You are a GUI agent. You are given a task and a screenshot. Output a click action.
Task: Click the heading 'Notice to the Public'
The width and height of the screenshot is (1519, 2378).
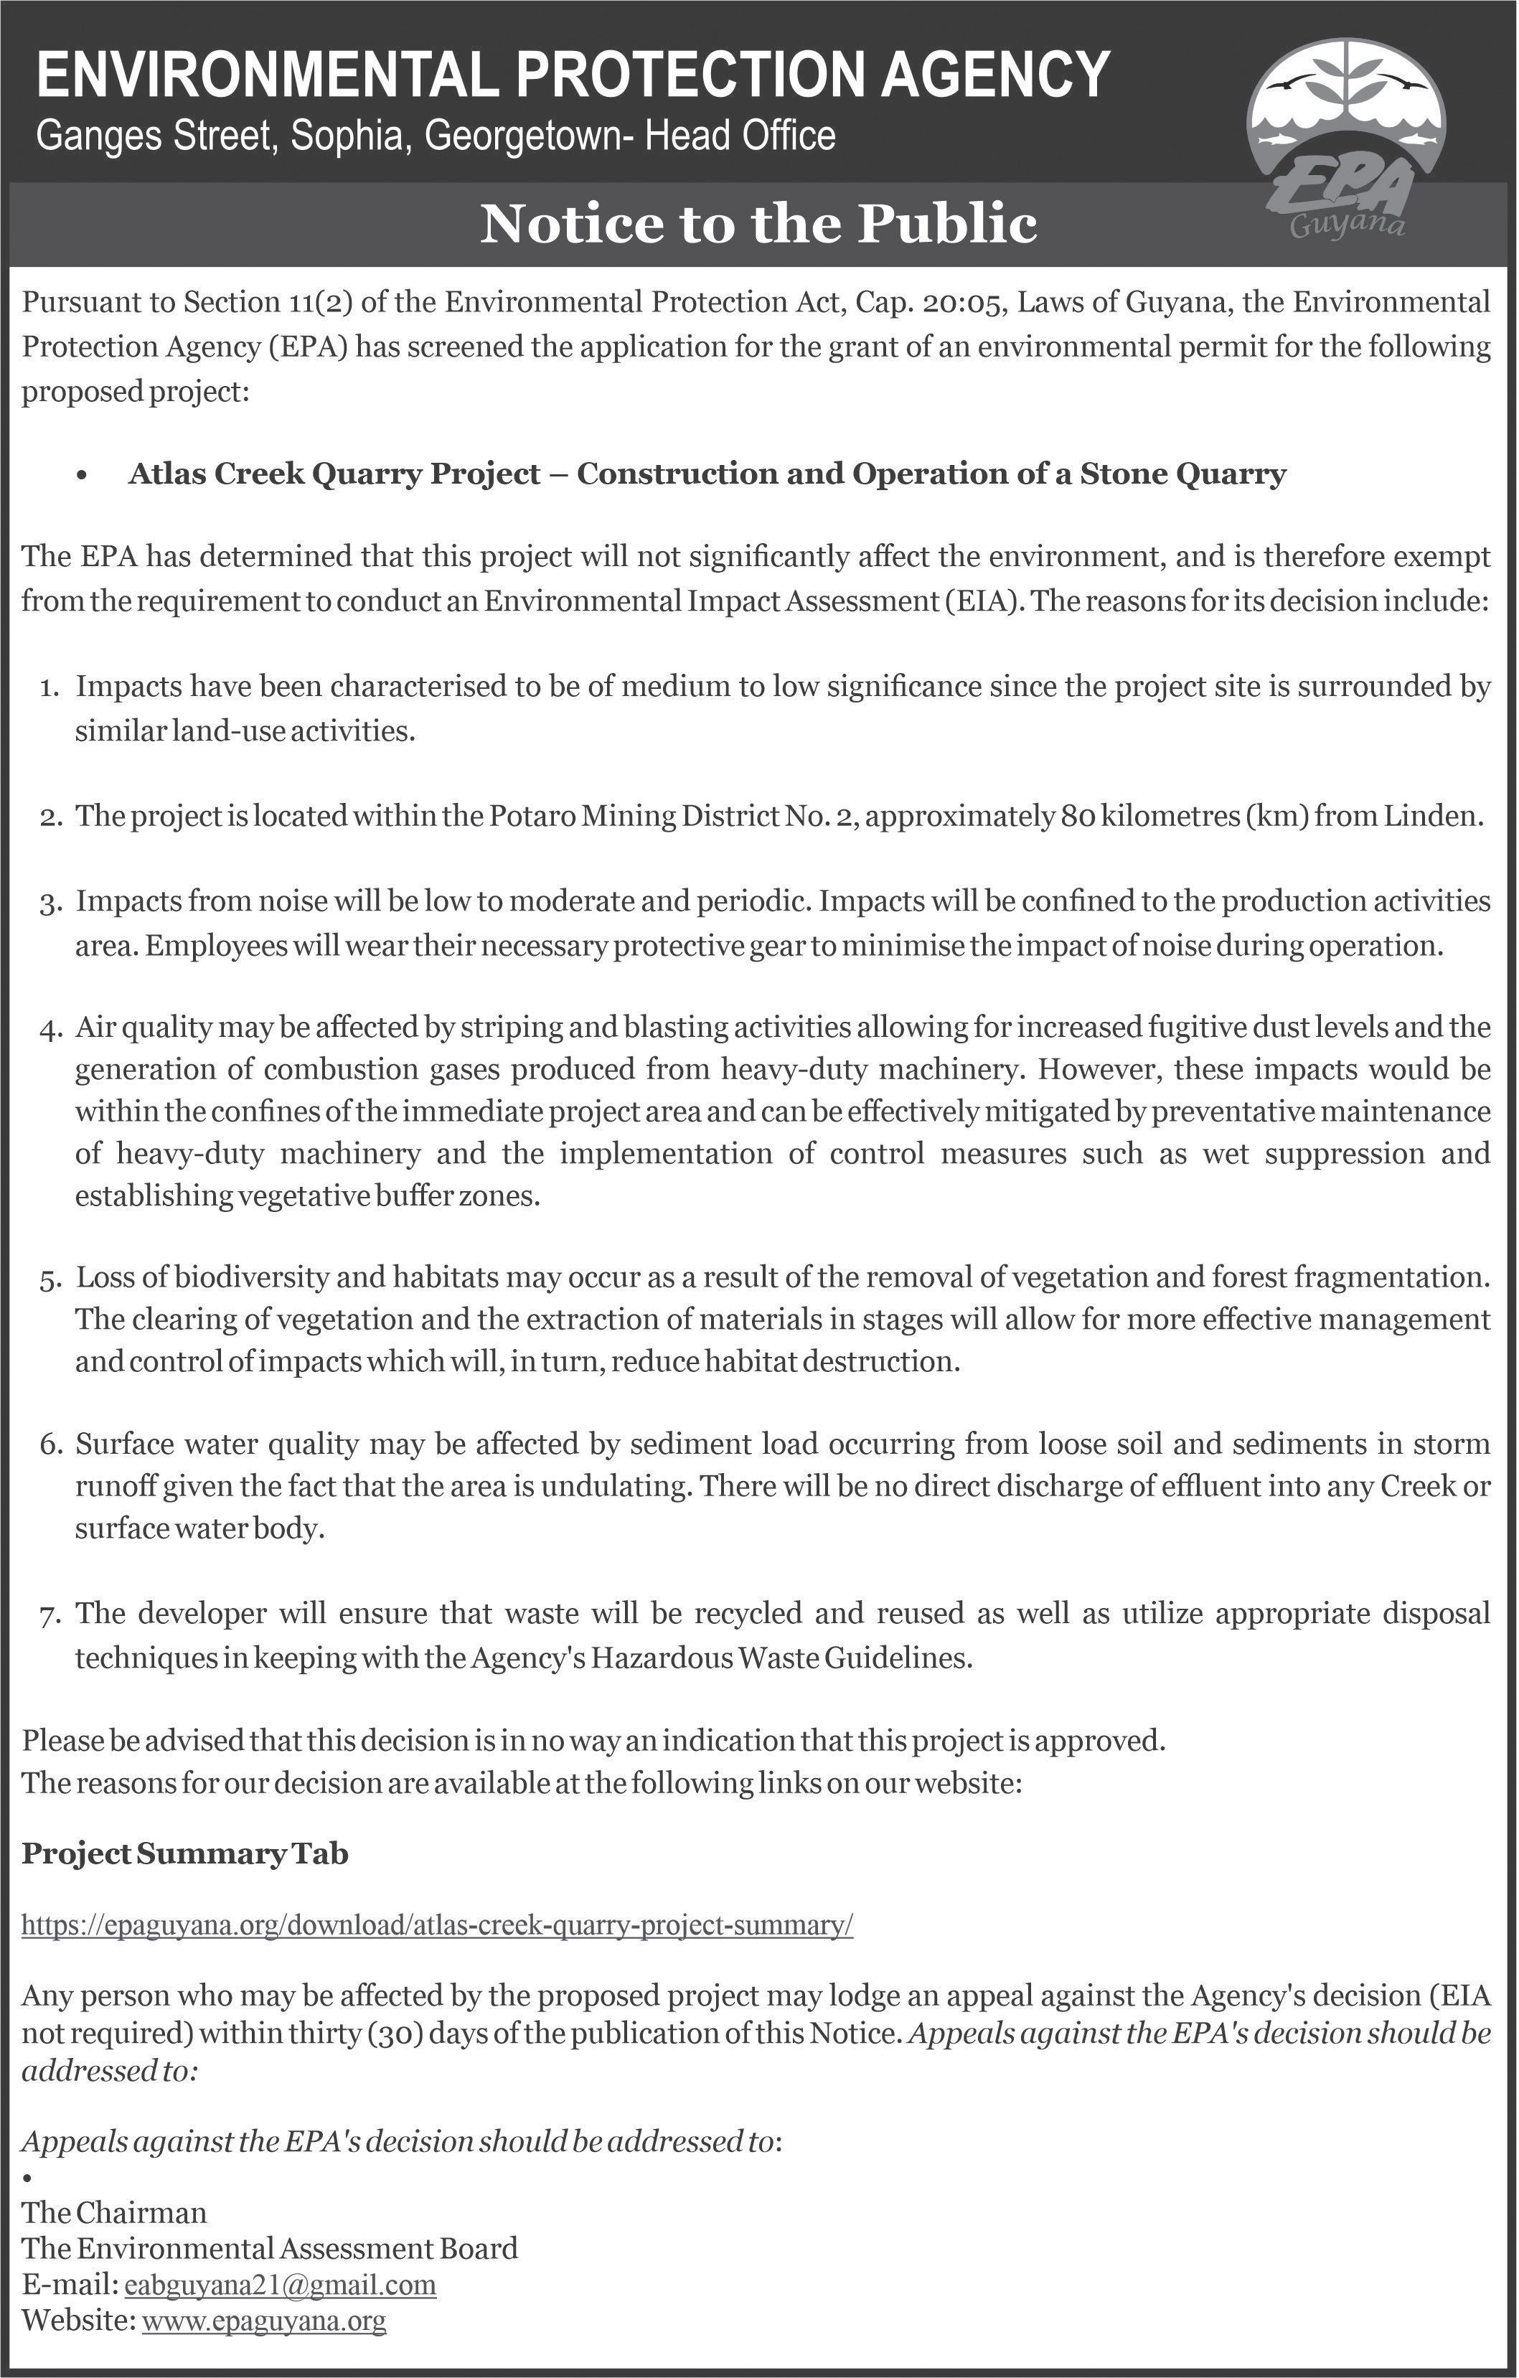pyautogui.click(x=758, y=224)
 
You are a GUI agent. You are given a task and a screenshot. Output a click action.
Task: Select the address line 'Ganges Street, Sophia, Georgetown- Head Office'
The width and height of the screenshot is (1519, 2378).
pyautogui.click(x=436, y=136)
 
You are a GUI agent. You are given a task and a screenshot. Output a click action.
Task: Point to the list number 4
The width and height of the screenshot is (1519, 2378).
pyautogui.click(x=50, y=1030)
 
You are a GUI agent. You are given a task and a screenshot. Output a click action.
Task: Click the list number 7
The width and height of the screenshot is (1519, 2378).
pyautogui.click(x=50, y=1617)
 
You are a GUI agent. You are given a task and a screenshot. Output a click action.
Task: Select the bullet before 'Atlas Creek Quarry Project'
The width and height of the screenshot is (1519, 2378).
pyautogui.click(x=81, y=476)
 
